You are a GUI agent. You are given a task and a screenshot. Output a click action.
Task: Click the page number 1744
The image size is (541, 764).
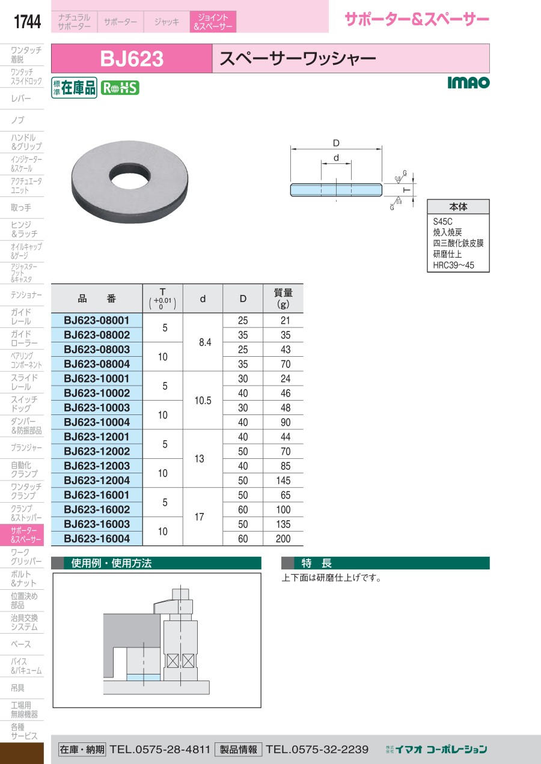coord(27,22)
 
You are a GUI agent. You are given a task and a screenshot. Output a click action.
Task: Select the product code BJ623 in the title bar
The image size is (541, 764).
coord(132,58)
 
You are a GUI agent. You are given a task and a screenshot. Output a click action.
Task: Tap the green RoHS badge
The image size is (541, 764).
coord(120,88)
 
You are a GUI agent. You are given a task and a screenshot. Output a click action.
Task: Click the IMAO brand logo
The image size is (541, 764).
coord(468,82)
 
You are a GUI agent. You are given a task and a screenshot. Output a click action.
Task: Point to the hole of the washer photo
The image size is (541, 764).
coord(130,176)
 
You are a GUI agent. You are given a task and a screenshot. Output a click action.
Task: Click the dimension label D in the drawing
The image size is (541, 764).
coord(336,143)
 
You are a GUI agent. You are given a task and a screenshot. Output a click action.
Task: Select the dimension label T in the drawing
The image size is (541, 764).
coord(406,190)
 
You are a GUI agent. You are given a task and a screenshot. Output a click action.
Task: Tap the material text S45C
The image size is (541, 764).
coord(442,222)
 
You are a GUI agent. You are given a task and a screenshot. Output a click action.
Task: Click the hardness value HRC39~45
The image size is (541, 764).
coord(454,265)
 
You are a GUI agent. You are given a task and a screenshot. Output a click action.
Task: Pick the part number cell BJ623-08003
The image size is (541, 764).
coord(97,350)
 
